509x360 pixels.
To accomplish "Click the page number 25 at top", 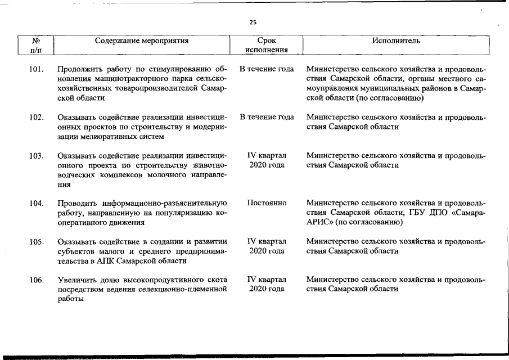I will point(253,22).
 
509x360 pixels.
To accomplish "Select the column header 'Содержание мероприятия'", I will point(142,40).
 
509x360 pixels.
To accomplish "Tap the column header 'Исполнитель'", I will point(396,40).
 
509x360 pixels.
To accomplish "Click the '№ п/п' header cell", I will point(35,45).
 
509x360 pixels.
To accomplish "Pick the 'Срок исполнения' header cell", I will point(267,45).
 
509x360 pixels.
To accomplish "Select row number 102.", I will point(37,118).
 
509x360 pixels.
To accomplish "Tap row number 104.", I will point(37,203).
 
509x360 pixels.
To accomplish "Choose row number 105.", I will point(37,242).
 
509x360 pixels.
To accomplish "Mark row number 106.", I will point(37,280).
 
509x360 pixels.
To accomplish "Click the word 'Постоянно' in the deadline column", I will point(267,202).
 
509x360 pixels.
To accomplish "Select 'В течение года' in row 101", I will point(267,69).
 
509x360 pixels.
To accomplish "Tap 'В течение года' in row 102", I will point(267,117).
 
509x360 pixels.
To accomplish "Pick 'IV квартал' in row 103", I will point(267,155).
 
